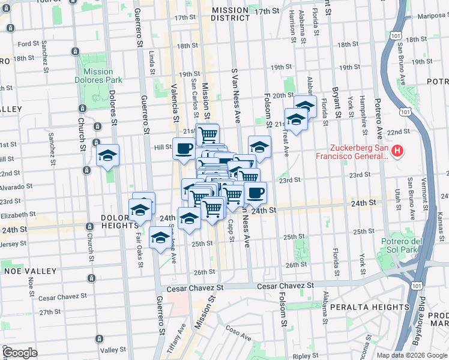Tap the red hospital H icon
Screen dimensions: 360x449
point(396,150)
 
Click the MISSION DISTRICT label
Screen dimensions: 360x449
point(230,14)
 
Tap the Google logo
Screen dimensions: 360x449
point(19,353)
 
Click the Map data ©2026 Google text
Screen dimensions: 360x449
point(412,355)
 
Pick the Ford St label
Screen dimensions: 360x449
point(28,44)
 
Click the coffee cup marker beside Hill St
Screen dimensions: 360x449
point(184,147)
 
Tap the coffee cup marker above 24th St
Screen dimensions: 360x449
point(256,193)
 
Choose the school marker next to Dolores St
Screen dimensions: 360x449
point(108,155)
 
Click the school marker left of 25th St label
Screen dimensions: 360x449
point(161,238)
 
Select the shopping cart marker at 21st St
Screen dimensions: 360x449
point(208,134)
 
